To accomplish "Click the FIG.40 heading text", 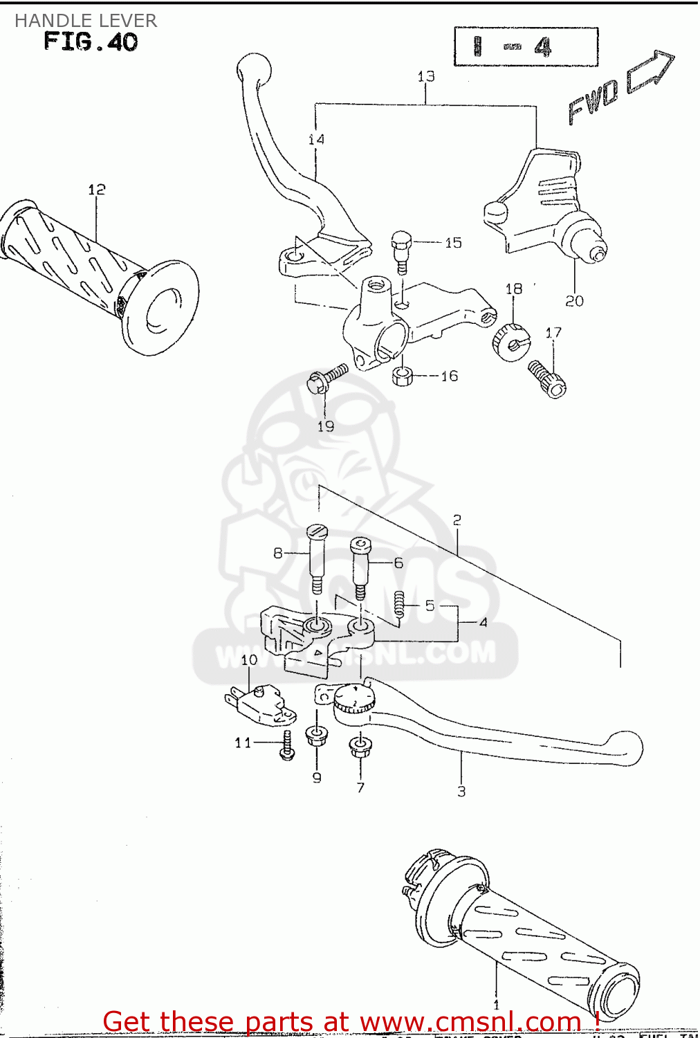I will click(x=91, y=42).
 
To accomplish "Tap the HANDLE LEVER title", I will click(x=86, y=21).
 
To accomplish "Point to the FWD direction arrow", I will click(x=650, y=71).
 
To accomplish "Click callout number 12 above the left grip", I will click(x=97, y=189).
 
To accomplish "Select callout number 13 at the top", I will click(x=426, y=76).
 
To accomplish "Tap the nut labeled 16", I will click(x=403, y=376).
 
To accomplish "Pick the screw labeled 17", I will click(x=547, y=379).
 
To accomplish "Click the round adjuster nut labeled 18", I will click(x=510, y=340).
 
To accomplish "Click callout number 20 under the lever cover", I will click(x=574, y=301).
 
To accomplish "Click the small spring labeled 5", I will click(x=399, y=605).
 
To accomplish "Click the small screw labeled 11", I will click(x=287, y=747).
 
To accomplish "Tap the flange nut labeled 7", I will click(x=360, y=747).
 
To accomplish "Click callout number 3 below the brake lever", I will click(x=461, y=791).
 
